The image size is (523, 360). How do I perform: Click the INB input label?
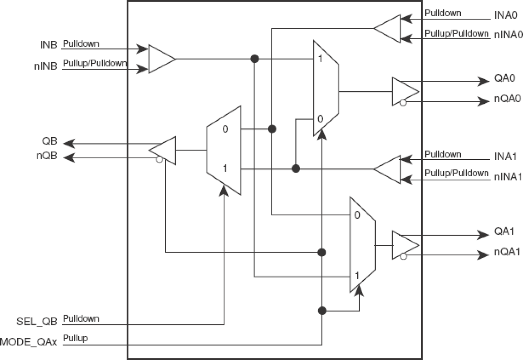49,45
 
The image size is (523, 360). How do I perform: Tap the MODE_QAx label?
30,342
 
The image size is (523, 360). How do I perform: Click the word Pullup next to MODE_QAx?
75,338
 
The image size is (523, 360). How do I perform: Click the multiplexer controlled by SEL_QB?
224,150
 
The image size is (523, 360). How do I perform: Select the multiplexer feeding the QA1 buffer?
362,245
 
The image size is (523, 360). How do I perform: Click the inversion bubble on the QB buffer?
159,160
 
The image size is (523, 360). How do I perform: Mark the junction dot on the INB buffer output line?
255,59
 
